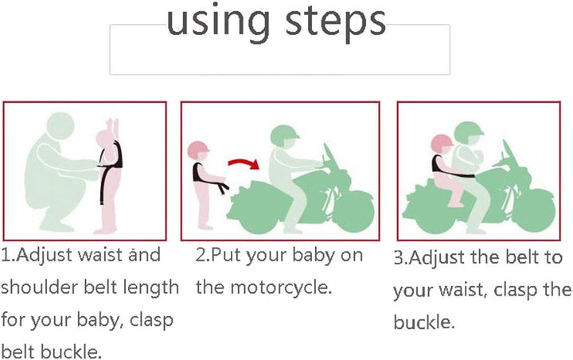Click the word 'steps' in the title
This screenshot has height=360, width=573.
click(336, 22)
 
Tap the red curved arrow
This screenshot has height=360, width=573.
click(244, 163)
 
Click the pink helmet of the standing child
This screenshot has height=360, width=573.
click(198, 149)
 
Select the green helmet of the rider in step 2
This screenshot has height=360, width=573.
click(284, 135)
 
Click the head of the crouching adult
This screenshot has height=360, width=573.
click(60, 126)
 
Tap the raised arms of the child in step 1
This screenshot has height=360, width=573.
click(112, 128)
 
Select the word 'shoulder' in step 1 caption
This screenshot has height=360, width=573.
click(40, 287)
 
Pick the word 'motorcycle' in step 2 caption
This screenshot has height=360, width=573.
click(281, 288)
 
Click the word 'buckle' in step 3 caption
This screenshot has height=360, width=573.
click(423, 322)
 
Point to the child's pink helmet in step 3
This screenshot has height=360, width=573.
click(442, 143)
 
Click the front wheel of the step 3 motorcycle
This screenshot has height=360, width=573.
click(533, 213)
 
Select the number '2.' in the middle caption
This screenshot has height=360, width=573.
click(202, 255)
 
